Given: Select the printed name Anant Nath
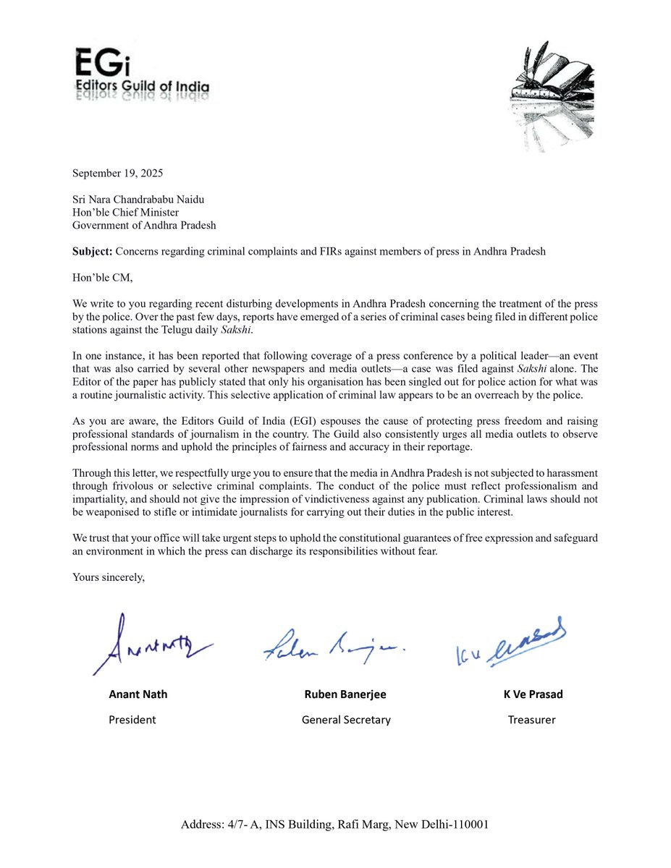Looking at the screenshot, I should (138, 694).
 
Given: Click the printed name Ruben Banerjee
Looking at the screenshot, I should (345, 694).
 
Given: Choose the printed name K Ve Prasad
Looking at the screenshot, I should (533, 694).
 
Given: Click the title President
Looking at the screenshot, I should (132, 720).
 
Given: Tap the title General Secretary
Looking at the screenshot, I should (346, 720).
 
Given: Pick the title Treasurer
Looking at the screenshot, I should (531, 720).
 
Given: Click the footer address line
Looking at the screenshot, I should (335, 824).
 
